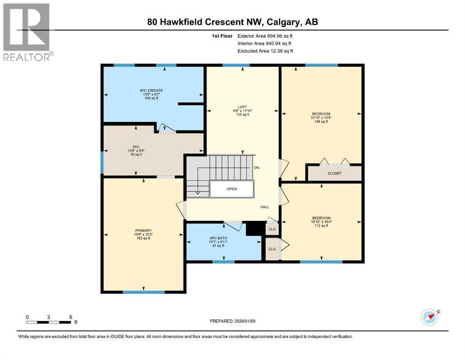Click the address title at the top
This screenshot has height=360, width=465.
233,22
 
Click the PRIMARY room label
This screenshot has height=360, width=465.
143,230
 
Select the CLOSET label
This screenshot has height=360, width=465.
334,173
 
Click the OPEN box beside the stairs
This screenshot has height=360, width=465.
231,189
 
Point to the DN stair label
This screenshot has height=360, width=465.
257,167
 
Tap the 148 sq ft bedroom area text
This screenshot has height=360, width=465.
321,122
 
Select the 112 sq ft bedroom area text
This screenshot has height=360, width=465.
321,226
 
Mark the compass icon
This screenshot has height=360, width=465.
429,317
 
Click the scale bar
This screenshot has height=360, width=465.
49,322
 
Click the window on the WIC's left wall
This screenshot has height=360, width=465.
102,162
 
